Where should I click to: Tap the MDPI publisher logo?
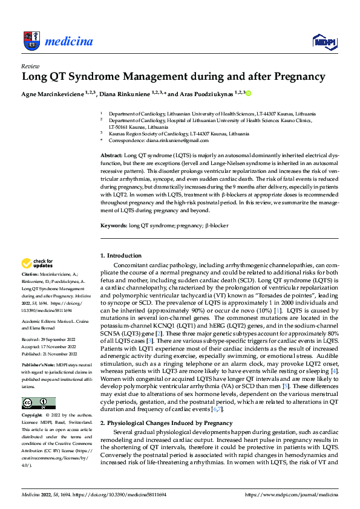coord(324,41)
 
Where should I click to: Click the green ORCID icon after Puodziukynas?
coord(248,93)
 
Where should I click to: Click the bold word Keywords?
coord(113,225)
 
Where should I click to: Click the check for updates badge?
coord(38,263)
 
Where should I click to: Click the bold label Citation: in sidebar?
coord(30,273)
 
